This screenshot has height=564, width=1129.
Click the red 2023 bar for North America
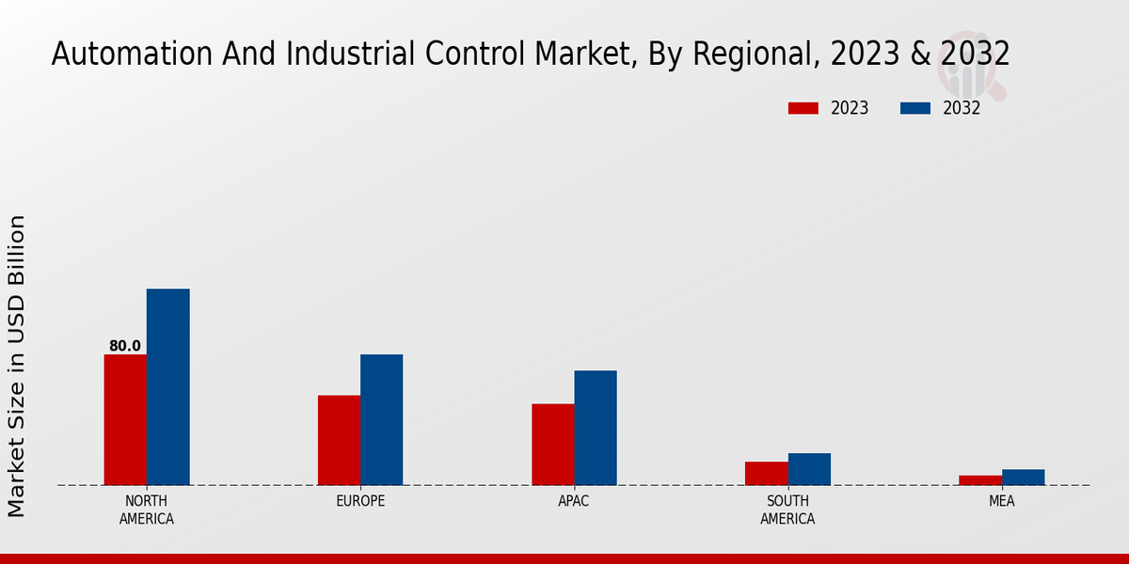(125, 420)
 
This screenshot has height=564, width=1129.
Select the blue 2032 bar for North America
(167, 387)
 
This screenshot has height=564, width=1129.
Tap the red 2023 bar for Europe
(339, 440)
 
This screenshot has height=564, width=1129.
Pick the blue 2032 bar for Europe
(381, 420)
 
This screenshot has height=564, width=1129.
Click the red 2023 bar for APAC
(552, 445)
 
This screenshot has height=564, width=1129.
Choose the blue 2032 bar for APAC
(596, 428)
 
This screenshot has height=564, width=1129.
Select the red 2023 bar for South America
(766, 474)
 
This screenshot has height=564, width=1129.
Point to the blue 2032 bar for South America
(809, 469)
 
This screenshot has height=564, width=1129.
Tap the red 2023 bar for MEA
(980, 480)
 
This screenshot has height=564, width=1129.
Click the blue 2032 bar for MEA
(1023, 478)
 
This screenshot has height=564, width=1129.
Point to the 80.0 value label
(125, 346)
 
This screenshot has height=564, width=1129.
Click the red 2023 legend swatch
(803, 108)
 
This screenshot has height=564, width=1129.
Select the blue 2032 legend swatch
(914, 108)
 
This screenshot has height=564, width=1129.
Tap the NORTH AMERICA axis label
(147, 509)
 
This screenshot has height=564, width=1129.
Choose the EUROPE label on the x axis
(360, 501)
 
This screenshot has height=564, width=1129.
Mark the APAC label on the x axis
(574, 501)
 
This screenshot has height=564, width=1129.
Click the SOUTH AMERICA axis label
(787, 509)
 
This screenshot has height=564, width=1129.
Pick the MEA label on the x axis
(1001, 501)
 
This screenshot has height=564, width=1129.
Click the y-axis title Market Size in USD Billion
(17, 367)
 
